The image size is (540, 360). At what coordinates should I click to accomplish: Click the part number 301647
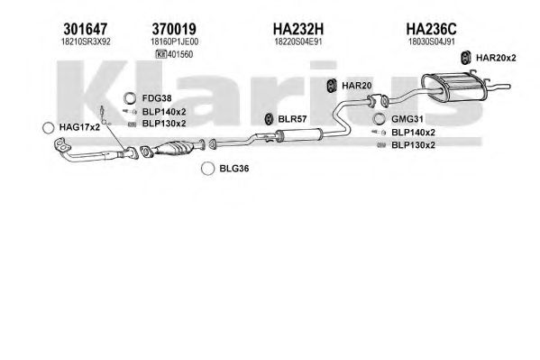click(86, 29)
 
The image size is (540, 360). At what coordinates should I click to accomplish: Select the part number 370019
click(174, 29)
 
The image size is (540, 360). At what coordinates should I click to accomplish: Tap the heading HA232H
click(298, 29)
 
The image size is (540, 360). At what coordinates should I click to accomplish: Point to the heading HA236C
click(431, 29)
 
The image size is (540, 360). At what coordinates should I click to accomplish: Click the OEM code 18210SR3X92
click(86, 42)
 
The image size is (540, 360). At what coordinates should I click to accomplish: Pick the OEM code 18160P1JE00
click(175, 42)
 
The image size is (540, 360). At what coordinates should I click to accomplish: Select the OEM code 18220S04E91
click(298, 42)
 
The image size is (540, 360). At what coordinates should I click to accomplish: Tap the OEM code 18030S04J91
click(432, 42)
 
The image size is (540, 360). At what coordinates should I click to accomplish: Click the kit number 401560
click(180, 54)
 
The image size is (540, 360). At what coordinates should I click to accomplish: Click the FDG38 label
click(157, 98)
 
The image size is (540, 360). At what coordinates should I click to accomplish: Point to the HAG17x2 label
click(79, 127)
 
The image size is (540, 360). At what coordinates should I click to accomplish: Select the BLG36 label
click(234, 169)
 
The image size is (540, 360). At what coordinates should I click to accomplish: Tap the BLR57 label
click(292, 119)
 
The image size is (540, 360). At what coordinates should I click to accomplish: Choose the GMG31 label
click(407, 119)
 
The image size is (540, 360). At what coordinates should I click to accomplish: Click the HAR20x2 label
click(496, 58)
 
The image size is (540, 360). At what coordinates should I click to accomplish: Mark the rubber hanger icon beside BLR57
click(269, 119)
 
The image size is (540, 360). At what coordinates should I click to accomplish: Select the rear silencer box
click(453, 87)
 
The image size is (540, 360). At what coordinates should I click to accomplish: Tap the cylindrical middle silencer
click(299, 134)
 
